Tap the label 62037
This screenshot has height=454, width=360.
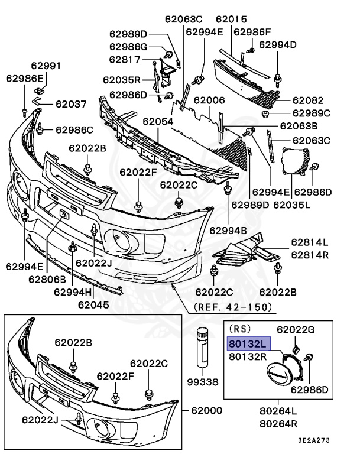click(71, 104)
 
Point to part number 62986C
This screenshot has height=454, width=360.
click(74, 129)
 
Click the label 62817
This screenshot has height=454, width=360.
click(125, 59)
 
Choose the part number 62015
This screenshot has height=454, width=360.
click(231, 20)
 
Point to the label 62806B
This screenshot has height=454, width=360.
click(48, 278)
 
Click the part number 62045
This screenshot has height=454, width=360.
click(93, 305)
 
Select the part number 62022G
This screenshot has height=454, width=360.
click(297, 329)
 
